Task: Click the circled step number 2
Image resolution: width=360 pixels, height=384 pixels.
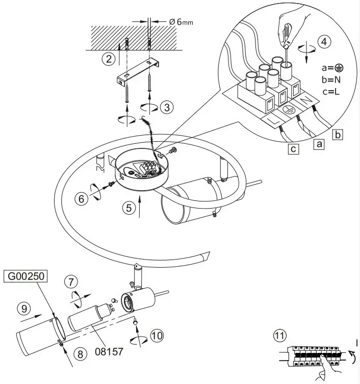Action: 108,59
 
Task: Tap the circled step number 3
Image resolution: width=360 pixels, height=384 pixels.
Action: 167,107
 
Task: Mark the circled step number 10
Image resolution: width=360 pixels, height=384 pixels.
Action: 158,335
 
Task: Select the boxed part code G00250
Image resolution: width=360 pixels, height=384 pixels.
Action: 25,276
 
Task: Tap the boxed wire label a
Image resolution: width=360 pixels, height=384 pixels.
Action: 319,145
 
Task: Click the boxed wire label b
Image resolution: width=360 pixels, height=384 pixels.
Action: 338,135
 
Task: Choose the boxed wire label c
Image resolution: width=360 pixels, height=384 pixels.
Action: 293,149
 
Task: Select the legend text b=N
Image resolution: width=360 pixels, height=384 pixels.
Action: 332,80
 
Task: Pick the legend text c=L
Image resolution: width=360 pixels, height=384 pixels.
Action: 332,92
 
